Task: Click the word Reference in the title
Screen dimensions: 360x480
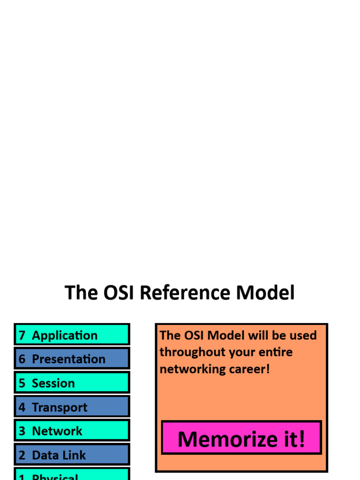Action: [186, 293]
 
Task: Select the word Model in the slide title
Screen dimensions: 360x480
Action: [265, 293]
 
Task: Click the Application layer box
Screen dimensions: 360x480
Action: [72, 335]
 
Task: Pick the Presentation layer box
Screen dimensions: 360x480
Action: [72, 359]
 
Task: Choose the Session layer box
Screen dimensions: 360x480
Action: [72, 383]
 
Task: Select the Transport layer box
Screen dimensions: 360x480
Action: [72, 407]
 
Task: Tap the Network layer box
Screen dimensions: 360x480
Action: [72, 431]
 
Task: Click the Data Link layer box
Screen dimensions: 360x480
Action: [72, 455]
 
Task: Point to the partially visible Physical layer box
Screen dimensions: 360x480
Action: [72, 474]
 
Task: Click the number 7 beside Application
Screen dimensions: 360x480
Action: [22, 336]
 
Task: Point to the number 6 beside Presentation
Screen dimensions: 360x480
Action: [22, 360]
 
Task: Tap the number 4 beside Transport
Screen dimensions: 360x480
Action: [22, 407]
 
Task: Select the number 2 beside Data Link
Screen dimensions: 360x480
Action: [22, 455]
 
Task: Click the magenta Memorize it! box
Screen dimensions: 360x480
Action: [241, 438]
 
